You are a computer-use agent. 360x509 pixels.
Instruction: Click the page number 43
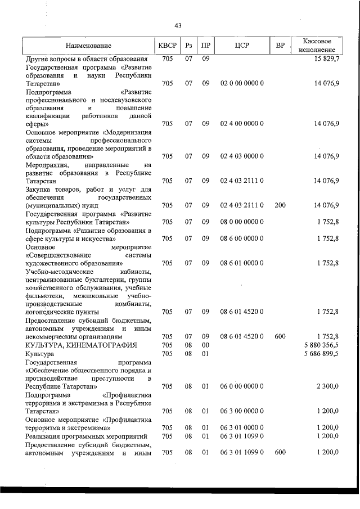coord(178,26)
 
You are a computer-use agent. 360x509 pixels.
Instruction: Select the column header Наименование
coord(88,46)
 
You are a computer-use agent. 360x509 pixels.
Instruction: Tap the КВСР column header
coord(167,46)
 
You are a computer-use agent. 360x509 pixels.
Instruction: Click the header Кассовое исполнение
coord(317,46)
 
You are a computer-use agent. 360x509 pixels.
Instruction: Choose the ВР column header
coord(280,46)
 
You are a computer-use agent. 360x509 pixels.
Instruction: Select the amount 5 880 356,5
coord(321,345)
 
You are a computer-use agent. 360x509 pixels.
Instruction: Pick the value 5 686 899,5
coord(321,354)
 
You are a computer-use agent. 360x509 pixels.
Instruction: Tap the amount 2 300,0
coord(327,386)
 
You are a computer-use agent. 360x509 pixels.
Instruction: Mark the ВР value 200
coord(280,205)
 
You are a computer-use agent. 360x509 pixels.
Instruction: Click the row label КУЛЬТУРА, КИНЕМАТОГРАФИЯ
coord(77,345)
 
